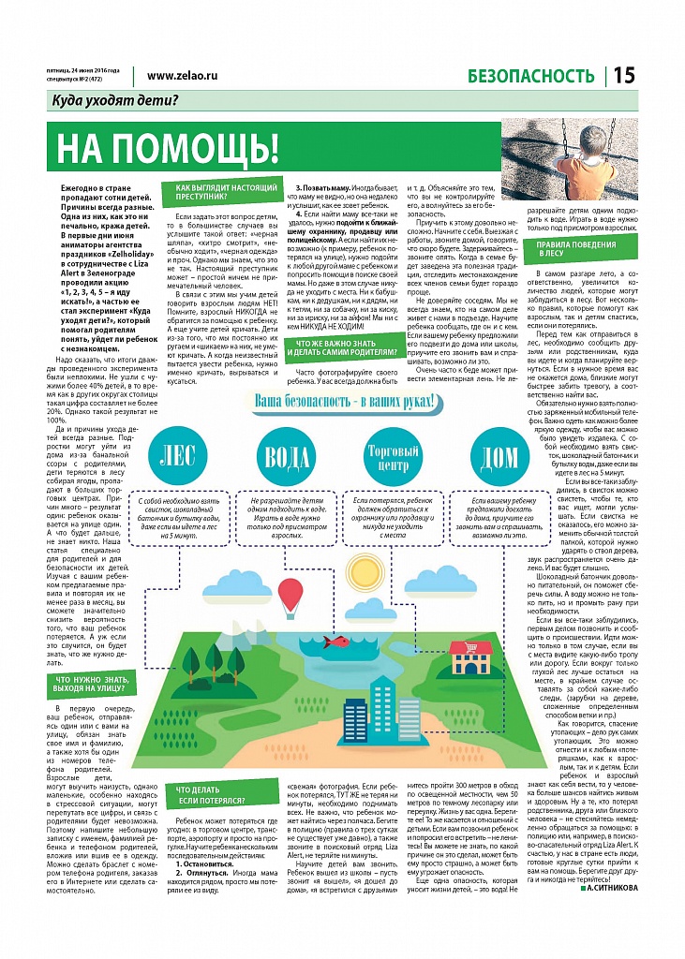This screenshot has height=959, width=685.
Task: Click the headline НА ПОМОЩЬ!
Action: [169, 149]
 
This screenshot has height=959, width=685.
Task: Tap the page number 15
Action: [625, 76]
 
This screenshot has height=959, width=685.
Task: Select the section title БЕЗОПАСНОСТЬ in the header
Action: [530, 76]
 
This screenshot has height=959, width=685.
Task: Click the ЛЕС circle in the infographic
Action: [178, 456]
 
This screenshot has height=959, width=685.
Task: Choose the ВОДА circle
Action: [287, 457]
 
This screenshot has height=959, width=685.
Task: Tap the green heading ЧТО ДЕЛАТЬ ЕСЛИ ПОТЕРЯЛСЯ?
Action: [211, 795]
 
